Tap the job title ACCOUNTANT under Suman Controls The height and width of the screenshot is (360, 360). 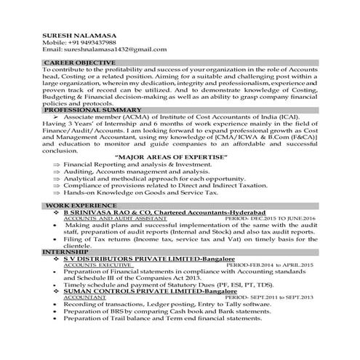[x=84, y=298]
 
